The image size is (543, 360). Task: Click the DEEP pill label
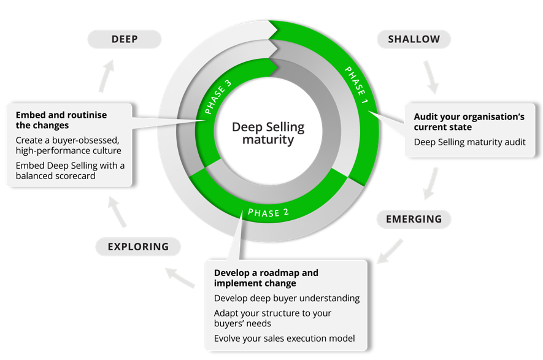[125, 39]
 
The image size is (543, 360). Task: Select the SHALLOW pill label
[414, 39]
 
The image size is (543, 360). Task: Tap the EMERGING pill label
[414, 219]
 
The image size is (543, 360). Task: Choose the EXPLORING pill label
[138, 247]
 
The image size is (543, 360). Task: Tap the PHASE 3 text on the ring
[218, 97]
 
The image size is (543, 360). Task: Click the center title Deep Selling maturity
[268, 133]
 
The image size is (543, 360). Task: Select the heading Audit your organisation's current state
[469, 121]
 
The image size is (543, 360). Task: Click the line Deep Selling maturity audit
[469, 142]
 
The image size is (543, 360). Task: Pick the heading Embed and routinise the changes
[61, 120]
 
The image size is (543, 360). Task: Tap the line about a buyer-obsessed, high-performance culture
[69, 145]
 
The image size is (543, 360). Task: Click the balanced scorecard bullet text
[70, 170]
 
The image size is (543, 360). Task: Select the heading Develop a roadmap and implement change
[266, 278]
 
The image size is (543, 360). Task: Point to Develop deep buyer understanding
[287, 298]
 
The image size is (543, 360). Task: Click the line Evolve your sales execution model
[284, 339]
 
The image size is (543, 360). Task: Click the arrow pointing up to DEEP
[107, 75]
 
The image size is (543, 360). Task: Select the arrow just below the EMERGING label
[390, 250]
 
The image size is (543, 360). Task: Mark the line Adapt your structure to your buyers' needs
[272, 318]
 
